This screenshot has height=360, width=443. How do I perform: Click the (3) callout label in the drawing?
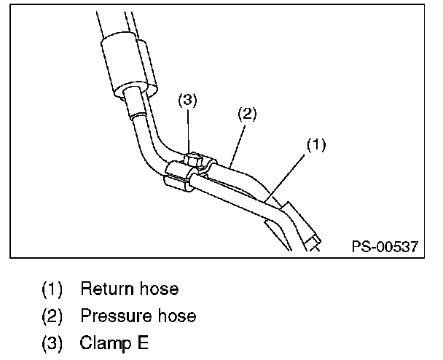click(x=189, y=101)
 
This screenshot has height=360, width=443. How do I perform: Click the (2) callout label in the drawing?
click(x=248, y=114)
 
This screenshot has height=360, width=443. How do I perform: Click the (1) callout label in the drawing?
click(x=314, y=145)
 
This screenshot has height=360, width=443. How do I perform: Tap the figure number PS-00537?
click(x=384, y=246)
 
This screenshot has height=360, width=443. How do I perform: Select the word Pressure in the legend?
click(x=114, y=316)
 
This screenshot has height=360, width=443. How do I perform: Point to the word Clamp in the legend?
click(x=103, y=342)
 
